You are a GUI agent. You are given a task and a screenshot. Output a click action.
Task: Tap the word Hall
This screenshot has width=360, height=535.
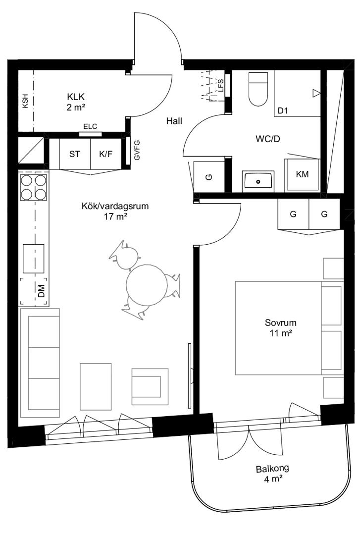pos(174,121)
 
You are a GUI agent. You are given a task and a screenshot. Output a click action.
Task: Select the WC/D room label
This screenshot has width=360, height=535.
pos(268,139)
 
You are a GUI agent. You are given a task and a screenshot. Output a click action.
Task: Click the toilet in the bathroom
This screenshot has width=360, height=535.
pos(258,89)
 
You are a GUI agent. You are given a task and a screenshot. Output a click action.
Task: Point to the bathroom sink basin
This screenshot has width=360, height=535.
pos(258,181)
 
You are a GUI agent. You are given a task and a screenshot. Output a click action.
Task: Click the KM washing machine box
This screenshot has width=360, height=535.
pos(303,174)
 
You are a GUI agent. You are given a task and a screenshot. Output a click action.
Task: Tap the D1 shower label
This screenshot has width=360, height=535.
pos(283,110)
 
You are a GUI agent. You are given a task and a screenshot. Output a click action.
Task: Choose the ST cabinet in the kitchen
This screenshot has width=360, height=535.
pos(75,154)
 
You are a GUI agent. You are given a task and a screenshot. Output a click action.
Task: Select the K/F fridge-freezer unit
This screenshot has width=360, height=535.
pos(106,154)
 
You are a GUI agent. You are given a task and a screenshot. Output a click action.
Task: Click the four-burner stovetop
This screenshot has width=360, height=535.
pos(34,187)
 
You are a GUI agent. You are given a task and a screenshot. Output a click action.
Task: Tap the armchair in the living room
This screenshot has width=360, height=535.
pos(150,386)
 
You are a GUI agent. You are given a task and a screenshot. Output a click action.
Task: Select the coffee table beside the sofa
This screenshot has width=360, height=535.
pos(96,386)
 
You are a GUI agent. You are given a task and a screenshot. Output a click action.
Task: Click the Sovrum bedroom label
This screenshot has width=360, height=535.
pos(280,322)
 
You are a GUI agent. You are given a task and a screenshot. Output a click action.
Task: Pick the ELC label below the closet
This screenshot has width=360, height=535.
pos(90,127)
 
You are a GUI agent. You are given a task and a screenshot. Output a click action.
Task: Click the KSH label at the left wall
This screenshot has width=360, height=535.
pos(25,102)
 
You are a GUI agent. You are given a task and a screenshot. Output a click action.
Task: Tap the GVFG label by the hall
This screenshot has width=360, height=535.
pos(137,150)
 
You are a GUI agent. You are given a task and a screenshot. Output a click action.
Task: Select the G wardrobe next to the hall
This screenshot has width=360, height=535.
pos(209,177)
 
